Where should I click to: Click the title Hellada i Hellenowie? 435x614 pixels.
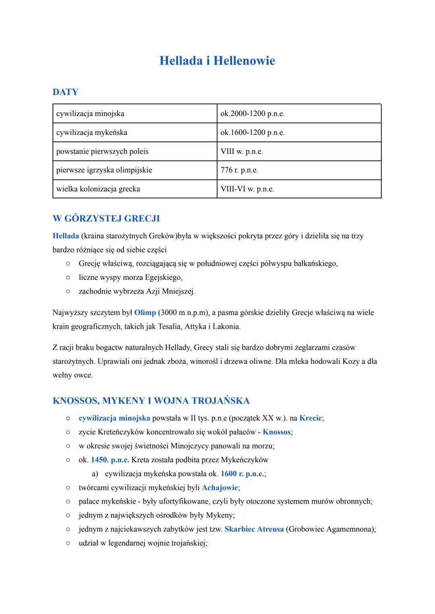(x=217, y=61)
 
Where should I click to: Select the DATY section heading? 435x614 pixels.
(x=65, y=92)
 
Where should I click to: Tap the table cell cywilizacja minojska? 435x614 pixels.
(x=90, y=114)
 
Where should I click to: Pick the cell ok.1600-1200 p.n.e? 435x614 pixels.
(x=253, y=132)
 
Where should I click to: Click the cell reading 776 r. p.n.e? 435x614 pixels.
(x=239, y=170)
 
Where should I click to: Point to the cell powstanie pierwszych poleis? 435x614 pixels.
(x=102, y=151)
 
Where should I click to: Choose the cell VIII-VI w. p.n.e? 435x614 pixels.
(x=247, y=189)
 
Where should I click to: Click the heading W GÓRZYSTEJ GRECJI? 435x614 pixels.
(x=106, y=219)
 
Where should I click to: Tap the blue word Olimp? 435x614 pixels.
(x=145, y=312)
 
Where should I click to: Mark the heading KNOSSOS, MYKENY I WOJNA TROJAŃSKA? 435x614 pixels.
(x=151, y=401)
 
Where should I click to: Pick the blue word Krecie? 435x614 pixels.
(x=311, y=418)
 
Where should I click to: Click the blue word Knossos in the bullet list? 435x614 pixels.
(x=277, y=432)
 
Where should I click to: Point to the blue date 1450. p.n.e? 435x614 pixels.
(x=110, y=460)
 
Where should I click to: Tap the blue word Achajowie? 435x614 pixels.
(x=220, y=488)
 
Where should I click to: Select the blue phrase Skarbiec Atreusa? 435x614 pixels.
(x=254, y=529)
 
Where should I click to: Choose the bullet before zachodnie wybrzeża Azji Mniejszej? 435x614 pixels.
(x=69, y=291)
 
